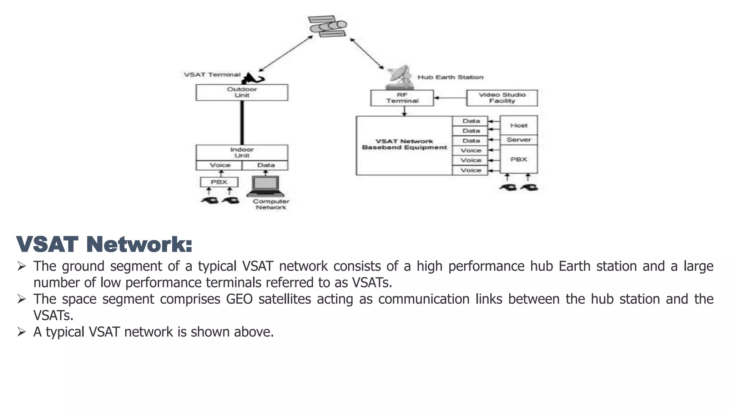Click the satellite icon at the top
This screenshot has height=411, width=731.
[328, 26]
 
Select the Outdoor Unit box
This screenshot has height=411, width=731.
[242, 92]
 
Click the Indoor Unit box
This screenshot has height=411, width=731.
[242, 153]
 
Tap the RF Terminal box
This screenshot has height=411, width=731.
[402, 98]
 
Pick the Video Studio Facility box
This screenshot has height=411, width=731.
[502, 98]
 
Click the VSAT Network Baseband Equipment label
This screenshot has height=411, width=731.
[404, 144]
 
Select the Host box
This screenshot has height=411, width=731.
[519, 125]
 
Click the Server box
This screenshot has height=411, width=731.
[519, 139]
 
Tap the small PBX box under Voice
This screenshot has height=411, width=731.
[219, 182]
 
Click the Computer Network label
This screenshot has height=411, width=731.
[271, 204]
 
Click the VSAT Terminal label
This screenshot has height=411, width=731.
[212, 75]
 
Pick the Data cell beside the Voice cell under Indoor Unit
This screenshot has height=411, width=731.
[266, 165]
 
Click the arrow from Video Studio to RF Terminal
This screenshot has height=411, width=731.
[450, 98]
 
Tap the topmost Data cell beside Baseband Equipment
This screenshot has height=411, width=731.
[471, 121]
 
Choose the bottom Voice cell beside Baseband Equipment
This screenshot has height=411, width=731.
[471, 170]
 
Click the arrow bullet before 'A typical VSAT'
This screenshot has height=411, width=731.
[21, 332]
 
